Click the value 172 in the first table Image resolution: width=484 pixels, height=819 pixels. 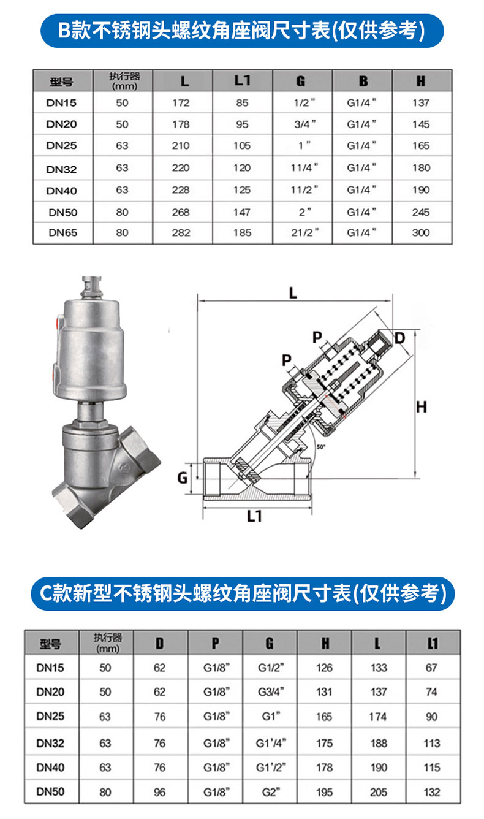coord(181,103)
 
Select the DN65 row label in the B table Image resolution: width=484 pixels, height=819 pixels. coord(63,232)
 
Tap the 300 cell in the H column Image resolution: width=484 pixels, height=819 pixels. coord(421,232)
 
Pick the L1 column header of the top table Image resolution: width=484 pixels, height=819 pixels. coord(243,80)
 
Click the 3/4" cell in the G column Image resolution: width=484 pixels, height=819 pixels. coord(304,124)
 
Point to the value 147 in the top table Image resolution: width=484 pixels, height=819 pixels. coord(242,212)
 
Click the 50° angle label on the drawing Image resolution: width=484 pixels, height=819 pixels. coord(320,446)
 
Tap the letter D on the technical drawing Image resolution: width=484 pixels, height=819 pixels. coord(399,338)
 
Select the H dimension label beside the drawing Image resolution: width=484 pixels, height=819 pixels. coord(422,407)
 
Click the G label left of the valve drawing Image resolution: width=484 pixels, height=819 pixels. coord(183,478)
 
